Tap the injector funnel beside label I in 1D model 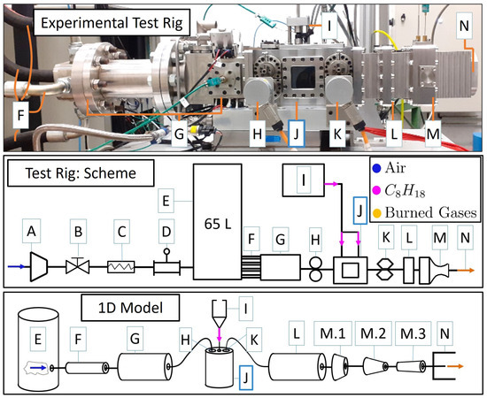(216, 315)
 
